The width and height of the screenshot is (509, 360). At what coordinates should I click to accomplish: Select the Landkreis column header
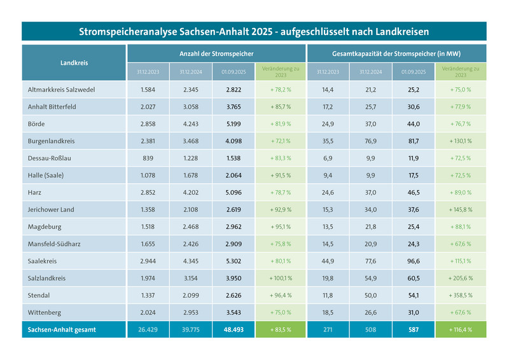click(74, 62)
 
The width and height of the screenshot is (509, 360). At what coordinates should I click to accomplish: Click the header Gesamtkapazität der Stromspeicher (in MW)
click(396, 53)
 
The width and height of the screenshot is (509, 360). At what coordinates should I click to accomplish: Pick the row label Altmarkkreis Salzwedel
click(62, 90)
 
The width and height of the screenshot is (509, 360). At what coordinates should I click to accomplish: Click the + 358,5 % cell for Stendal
click(460, 295)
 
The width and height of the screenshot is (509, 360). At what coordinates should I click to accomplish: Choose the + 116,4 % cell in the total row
click(460, 329)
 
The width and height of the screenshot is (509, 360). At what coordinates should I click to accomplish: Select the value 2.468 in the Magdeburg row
click(190, 226)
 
